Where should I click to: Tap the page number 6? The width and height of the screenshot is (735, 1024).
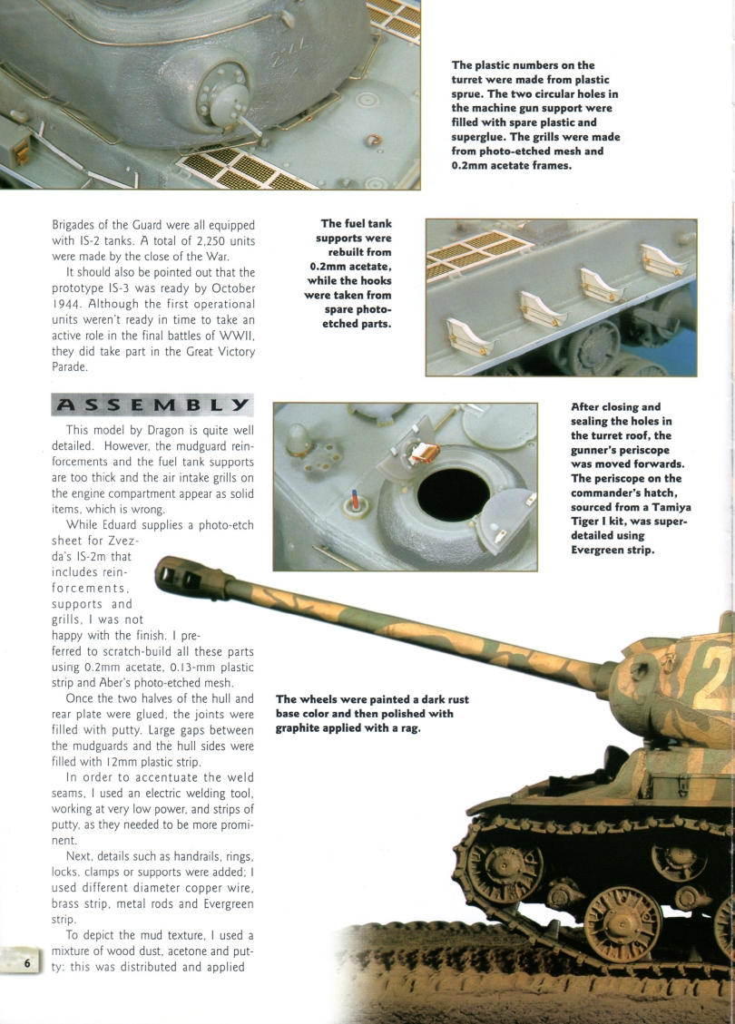pos(28,964)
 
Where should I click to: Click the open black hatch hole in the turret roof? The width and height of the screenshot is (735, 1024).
pos(453,494)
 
